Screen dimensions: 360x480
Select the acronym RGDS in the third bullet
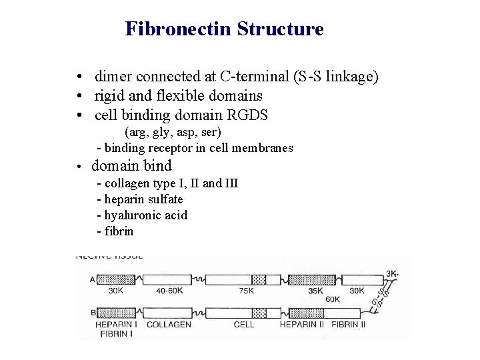pyautogui.click(x=247, y=115)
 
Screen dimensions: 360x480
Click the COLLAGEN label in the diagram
pyautogui.click(x=169, y=325)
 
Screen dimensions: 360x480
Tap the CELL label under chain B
pyautogui.click(x=244, y=325)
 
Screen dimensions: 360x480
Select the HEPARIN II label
pyautogui.click(x=302, y=325)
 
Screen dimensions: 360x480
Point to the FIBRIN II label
pyautogui.click(x=349, y=325)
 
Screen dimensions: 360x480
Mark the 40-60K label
pyautogui.click(x=169, y=291)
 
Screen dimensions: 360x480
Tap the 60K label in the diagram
pyautogui.click(x=333, y=299)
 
